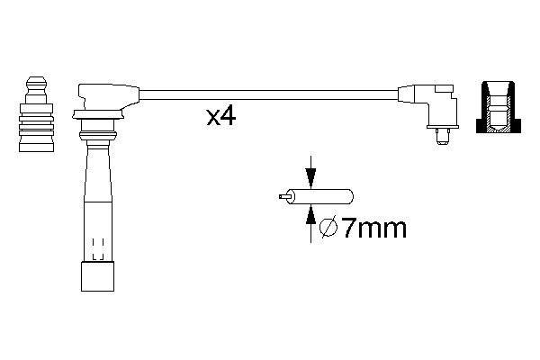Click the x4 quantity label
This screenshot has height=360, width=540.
point(220,117)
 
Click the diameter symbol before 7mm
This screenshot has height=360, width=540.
point(328,229)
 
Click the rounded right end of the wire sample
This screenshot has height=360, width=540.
point(349,194)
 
